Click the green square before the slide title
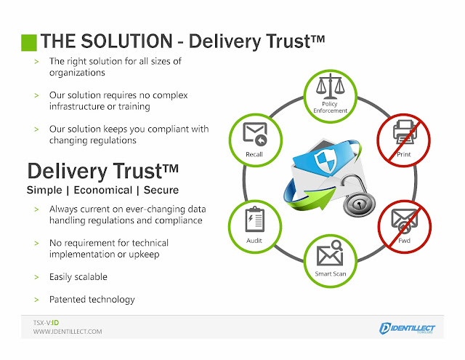[28, 41]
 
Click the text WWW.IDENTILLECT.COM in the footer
[68, 332]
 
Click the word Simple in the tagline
[46, 190]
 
